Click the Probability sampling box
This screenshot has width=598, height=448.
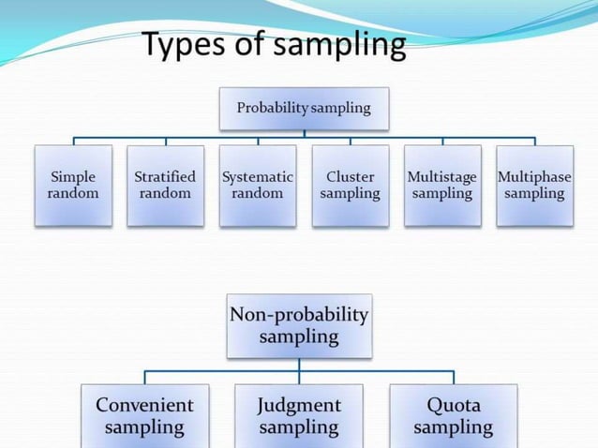pos(303,108)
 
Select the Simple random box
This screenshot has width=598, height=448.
pos(73,185)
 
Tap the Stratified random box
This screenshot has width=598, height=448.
pos(165,185)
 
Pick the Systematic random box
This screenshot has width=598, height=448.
pos(258,185)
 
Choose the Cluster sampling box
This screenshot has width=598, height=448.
pos(350,185)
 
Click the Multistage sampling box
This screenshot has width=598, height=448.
pos(442,185)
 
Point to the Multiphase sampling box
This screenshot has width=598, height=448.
pos(534,185)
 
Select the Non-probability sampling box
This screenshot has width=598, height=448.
pos(299,325)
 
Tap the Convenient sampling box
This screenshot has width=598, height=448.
pos(144,415)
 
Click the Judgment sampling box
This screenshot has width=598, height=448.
pos(299,415)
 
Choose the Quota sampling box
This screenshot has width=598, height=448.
pos(454,415)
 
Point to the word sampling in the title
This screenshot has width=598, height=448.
pos(339,45)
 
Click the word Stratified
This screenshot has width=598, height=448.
pos(165,176)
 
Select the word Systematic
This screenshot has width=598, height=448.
pos(258,176)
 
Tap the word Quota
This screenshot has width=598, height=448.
pos(454,405)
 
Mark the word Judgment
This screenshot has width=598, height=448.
pos(299,405)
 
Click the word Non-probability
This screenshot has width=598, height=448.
pos(299,315)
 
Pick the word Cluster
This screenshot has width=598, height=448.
pos(350,176)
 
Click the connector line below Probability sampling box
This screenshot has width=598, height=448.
pos(303,134)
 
